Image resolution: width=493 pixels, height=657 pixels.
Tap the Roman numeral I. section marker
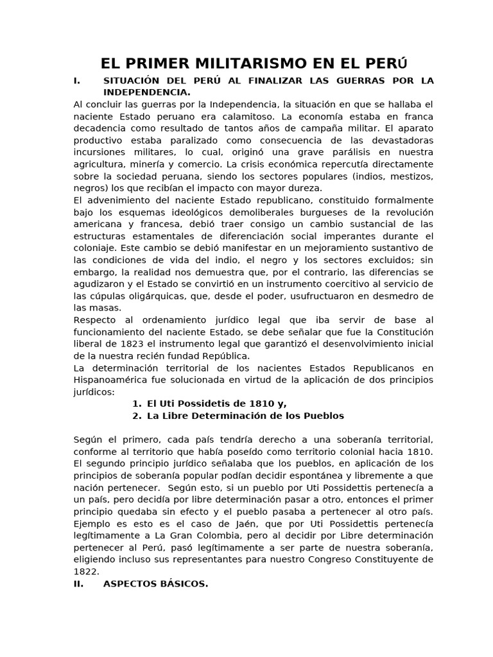[78, 81]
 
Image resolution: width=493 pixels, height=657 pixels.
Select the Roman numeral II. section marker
[78, 584]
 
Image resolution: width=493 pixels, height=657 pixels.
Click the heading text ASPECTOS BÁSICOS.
[155, 584]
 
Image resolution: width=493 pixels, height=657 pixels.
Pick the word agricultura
[101, 164]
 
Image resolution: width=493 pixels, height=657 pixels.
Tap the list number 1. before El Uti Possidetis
[136, 404]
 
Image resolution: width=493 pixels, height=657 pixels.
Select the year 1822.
[87, 572]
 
